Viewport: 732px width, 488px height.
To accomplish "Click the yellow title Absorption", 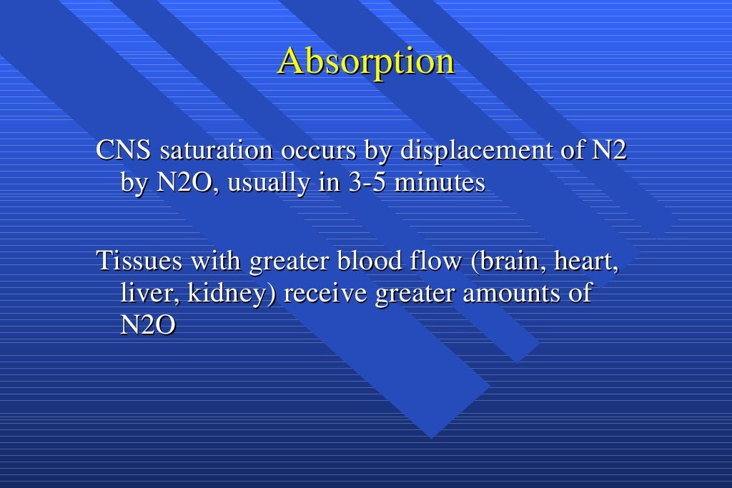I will pos(366,61).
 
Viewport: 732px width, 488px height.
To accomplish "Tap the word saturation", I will pos(217,151).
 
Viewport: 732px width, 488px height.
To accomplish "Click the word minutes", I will pos(440,184).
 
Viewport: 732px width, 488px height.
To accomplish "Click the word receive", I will pos(325,293).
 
